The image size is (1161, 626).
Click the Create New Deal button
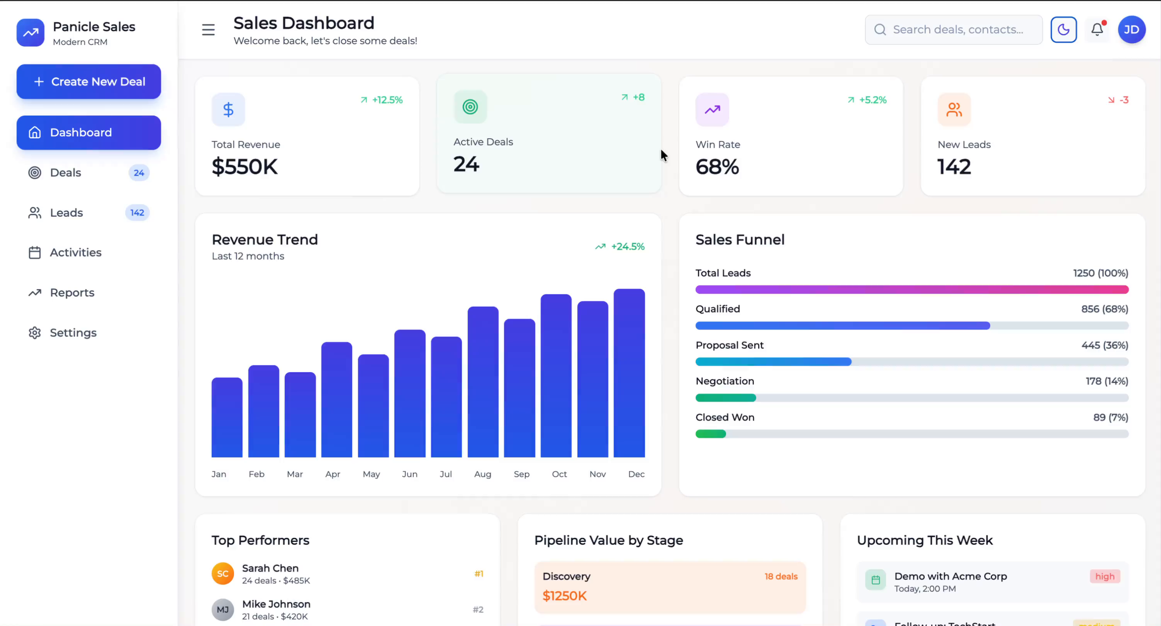(89, 81)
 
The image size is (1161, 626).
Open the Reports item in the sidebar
(72, 293)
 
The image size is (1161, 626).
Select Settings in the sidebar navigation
(73, 333)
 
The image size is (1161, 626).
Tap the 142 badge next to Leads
(137, 213)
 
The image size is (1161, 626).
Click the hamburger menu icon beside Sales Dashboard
(208, 30)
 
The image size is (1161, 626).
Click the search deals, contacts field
(957, 30)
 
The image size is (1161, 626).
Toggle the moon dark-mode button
(1064, 30)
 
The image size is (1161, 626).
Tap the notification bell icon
(1097, 30)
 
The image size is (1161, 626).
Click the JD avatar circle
(1131, 30)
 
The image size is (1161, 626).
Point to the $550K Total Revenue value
(245, 167)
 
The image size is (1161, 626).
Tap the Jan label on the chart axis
(219, 474)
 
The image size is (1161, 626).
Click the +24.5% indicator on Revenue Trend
(627, 246)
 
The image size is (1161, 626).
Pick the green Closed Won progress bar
(711, 434)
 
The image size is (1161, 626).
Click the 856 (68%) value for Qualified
(1104, 309)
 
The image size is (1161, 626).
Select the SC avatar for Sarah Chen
(222, 574)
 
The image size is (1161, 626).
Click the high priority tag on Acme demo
(1105, 577)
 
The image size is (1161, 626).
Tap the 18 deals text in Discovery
(781, 577)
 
